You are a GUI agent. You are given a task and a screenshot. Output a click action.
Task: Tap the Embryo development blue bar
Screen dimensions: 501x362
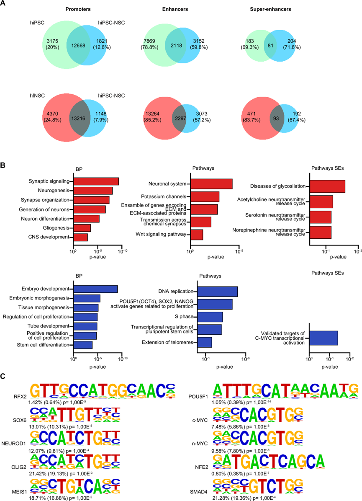pos(95,289)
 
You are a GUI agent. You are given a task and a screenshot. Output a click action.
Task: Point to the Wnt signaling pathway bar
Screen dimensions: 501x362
pos(197,235)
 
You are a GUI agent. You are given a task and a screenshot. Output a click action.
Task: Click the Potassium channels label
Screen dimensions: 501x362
pos(166,196)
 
